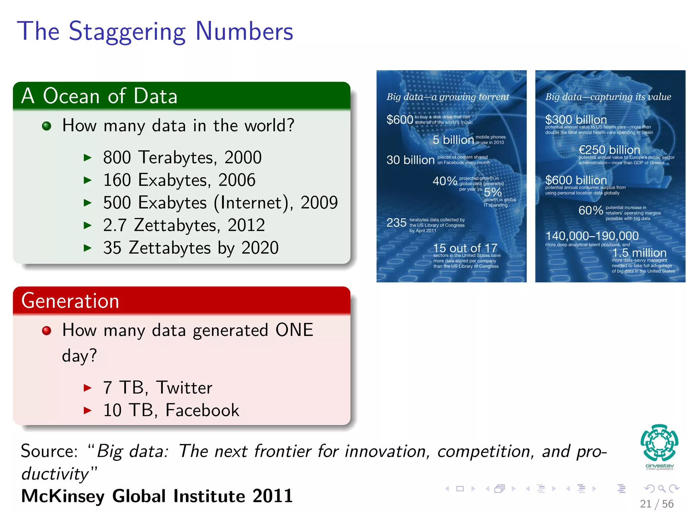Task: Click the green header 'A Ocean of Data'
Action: tap(99, 96)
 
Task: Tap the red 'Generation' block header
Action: tap(70, 301)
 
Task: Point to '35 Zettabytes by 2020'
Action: tap(191, 248)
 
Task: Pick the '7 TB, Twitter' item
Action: tap(157, 388)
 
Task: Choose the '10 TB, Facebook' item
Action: tap(171, 410)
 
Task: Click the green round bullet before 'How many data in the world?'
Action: tap(47, 126)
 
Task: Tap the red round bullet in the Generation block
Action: tap(47, 331)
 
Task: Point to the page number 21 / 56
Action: tap(656, 504)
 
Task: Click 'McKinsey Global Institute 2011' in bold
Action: tap(157, 496)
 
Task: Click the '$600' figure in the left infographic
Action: tap(400, 119)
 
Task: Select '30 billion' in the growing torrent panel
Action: tap(410, 160)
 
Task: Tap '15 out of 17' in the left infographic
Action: tap(465, 248)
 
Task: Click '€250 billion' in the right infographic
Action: tap(609, 150)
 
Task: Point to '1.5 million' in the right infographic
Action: tap(639, 253)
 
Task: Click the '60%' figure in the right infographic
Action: tap(591, 210)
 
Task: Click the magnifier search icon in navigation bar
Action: tap(662, 489)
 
